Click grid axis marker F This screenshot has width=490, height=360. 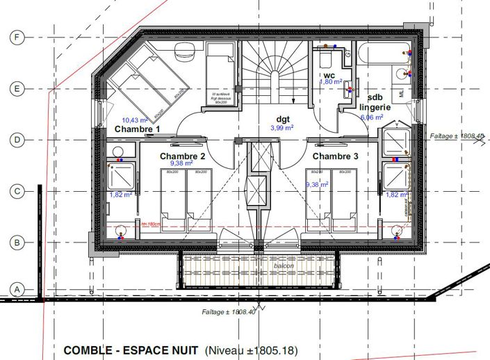(17, 38)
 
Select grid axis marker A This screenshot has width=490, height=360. (17, 288)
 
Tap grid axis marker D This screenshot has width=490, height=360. (17, 140)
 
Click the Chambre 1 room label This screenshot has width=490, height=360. (138, 129)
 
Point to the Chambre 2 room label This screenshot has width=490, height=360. (182, 156)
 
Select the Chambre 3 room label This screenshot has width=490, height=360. (336, 156)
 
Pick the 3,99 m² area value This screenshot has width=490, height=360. (281, 127)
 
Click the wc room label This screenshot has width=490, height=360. (329, 74)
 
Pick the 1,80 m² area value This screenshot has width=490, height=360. (331, 82)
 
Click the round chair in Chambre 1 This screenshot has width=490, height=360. (185, 49)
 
